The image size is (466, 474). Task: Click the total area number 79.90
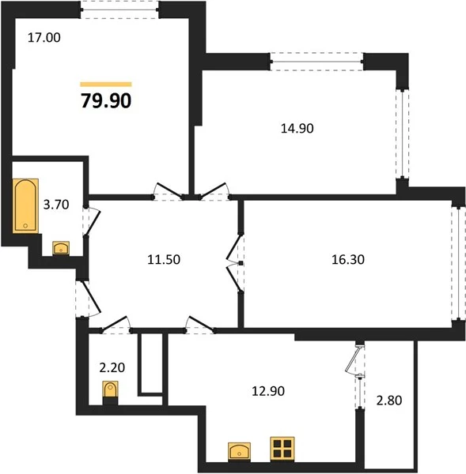click(106, 100)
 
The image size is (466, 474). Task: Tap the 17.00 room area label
click(44, 38)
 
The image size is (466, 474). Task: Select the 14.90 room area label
click(297, 129)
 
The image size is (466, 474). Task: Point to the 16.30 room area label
click(348, 260)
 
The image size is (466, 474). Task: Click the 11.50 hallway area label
click(164, 260)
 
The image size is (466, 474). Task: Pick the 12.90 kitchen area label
click(268, 391)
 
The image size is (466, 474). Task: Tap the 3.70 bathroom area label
click(56, 205)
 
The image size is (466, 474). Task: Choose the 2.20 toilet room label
click(112, 367)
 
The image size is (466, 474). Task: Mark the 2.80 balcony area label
click(389, 401)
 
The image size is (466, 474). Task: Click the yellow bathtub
click(25, 206)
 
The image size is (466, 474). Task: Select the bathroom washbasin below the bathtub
click(61, 248)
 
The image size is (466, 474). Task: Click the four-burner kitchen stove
click(282, 449)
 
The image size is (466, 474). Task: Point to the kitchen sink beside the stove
click(239, 452)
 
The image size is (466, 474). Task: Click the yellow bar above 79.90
click(106, 85)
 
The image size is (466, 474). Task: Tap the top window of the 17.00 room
click(120, 9)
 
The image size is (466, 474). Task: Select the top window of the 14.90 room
click(316, 62)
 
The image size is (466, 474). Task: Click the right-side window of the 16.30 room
click(458, 263)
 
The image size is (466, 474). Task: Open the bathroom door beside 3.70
click(91, 220)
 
